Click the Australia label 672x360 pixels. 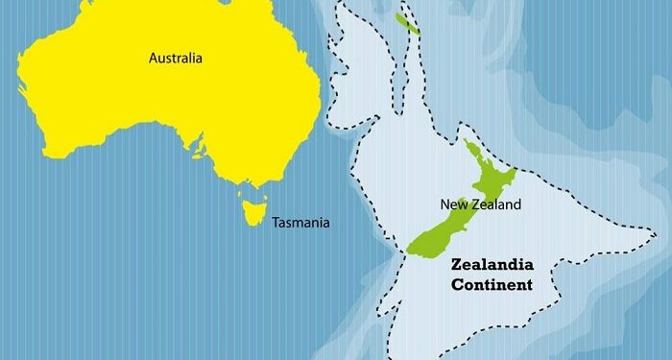(x=176, y=59)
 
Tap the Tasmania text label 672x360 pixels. (x=300, y=223)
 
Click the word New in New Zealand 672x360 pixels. (x=453, y=204)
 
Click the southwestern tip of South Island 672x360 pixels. (x=409, y=252)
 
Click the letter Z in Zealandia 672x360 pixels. (x=456, y=264)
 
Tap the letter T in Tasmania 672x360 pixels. (x=276, y=223)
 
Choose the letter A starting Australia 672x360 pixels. (x=153, y=59)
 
